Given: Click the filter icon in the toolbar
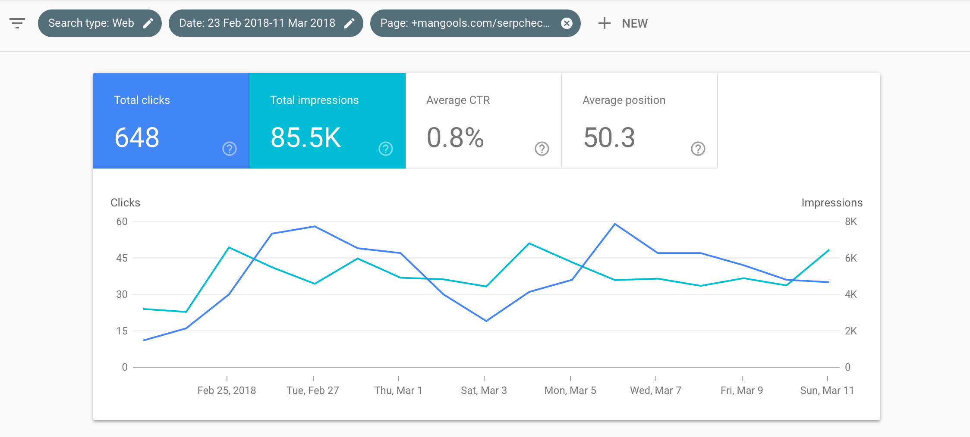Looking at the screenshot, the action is [x=17, y=23].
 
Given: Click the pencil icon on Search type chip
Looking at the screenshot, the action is [x=148, y=23].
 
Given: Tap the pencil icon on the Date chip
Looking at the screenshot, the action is [x=349, y=23].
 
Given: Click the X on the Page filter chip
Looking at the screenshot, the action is [x=567, y=23].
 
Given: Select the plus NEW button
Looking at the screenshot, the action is [x=623, y=23].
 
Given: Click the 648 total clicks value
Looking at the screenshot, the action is [x=137, y=138].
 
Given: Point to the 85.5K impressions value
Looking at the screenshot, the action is [x=305, y=138].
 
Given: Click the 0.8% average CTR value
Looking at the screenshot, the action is [x=455, y=138].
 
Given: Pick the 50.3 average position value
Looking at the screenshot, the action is [x=609, y=138].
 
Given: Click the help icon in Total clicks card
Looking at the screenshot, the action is [x=230, y=149].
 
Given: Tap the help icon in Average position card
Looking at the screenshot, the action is [x=698, y=149].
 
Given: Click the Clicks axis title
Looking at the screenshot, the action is [x=126, y=203].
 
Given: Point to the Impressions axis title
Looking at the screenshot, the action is [x=832, y=203].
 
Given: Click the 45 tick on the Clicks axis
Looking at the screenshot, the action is [x=122, y=258].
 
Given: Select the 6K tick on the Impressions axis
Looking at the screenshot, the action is [x=851, y=258].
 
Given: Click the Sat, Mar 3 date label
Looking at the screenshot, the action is [x=484, y=390].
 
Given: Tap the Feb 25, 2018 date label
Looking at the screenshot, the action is [x=227, y=390].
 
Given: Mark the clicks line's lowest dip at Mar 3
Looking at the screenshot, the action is [x=486, y=321].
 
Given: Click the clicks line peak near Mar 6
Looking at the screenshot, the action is [x=615, y=224].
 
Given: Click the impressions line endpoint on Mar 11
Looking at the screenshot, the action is [x=829, y=250].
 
